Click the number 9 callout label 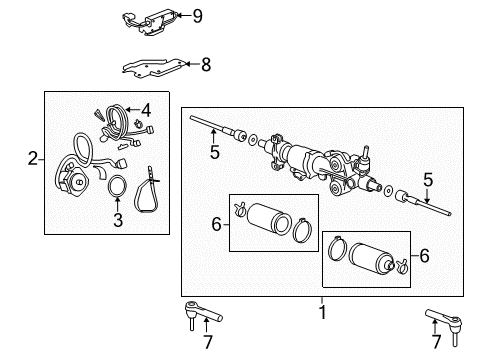coord(197,15)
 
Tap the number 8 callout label coord(206,65)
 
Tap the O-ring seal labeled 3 coord(117,186)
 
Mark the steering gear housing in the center coord(320,165)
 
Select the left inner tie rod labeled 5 coord(215,128)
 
